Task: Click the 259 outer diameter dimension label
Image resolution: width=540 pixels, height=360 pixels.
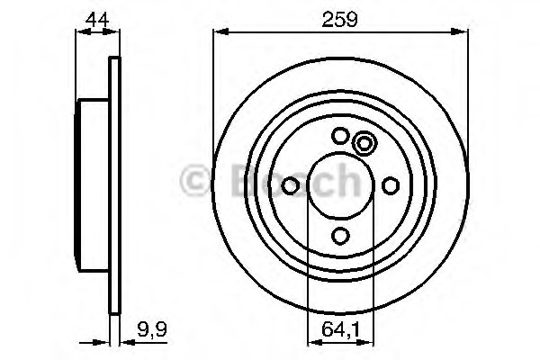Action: [340, 17]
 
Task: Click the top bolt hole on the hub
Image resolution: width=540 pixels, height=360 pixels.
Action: [340, 136]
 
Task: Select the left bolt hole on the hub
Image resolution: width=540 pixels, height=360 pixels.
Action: [291, 185]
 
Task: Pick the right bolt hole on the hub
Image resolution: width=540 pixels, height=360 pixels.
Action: [391, 185]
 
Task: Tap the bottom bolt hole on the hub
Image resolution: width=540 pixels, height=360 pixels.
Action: [340, 236]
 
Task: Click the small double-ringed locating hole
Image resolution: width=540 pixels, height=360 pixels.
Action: [364, 143]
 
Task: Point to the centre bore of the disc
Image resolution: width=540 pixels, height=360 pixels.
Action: [340, 185]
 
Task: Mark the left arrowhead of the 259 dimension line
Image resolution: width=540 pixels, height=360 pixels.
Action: [219, 32]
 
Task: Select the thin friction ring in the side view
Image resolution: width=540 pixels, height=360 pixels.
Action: [113, 185]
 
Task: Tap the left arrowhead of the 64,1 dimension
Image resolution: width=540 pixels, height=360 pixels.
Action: [312, 342]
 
